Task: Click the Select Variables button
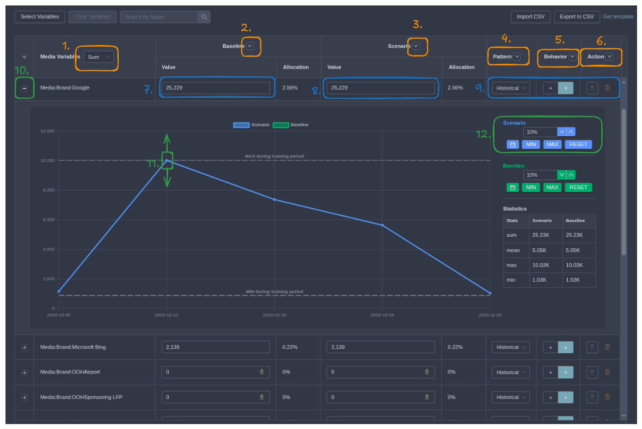(x=40, y=17)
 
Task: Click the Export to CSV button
(x=577, y=17)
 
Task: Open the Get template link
(x=618, y=17)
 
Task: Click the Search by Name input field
(x=159, y=17)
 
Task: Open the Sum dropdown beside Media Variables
(x=98, y=57)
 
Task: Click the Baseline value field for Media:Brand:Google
(x=215, y=88)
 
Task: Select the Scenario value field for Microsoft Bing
(x=380, y=347)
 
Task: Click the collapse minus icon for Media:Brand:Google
(x=24, y=88)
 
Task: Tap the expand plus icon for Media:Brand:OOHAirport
(x=24, y=372)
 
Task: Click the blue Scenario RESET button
(x=578, y=144)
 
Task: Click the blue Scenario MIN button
(x=530, y=144)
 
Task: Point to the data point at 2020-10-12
(x=167, y=160)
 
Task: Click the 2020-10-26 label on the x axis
(x=382, y=315)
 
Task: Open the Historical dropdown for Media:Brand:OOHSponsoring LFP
(x=511, y=397)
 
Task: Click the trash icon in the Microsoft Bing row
(x=607, y=347)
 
